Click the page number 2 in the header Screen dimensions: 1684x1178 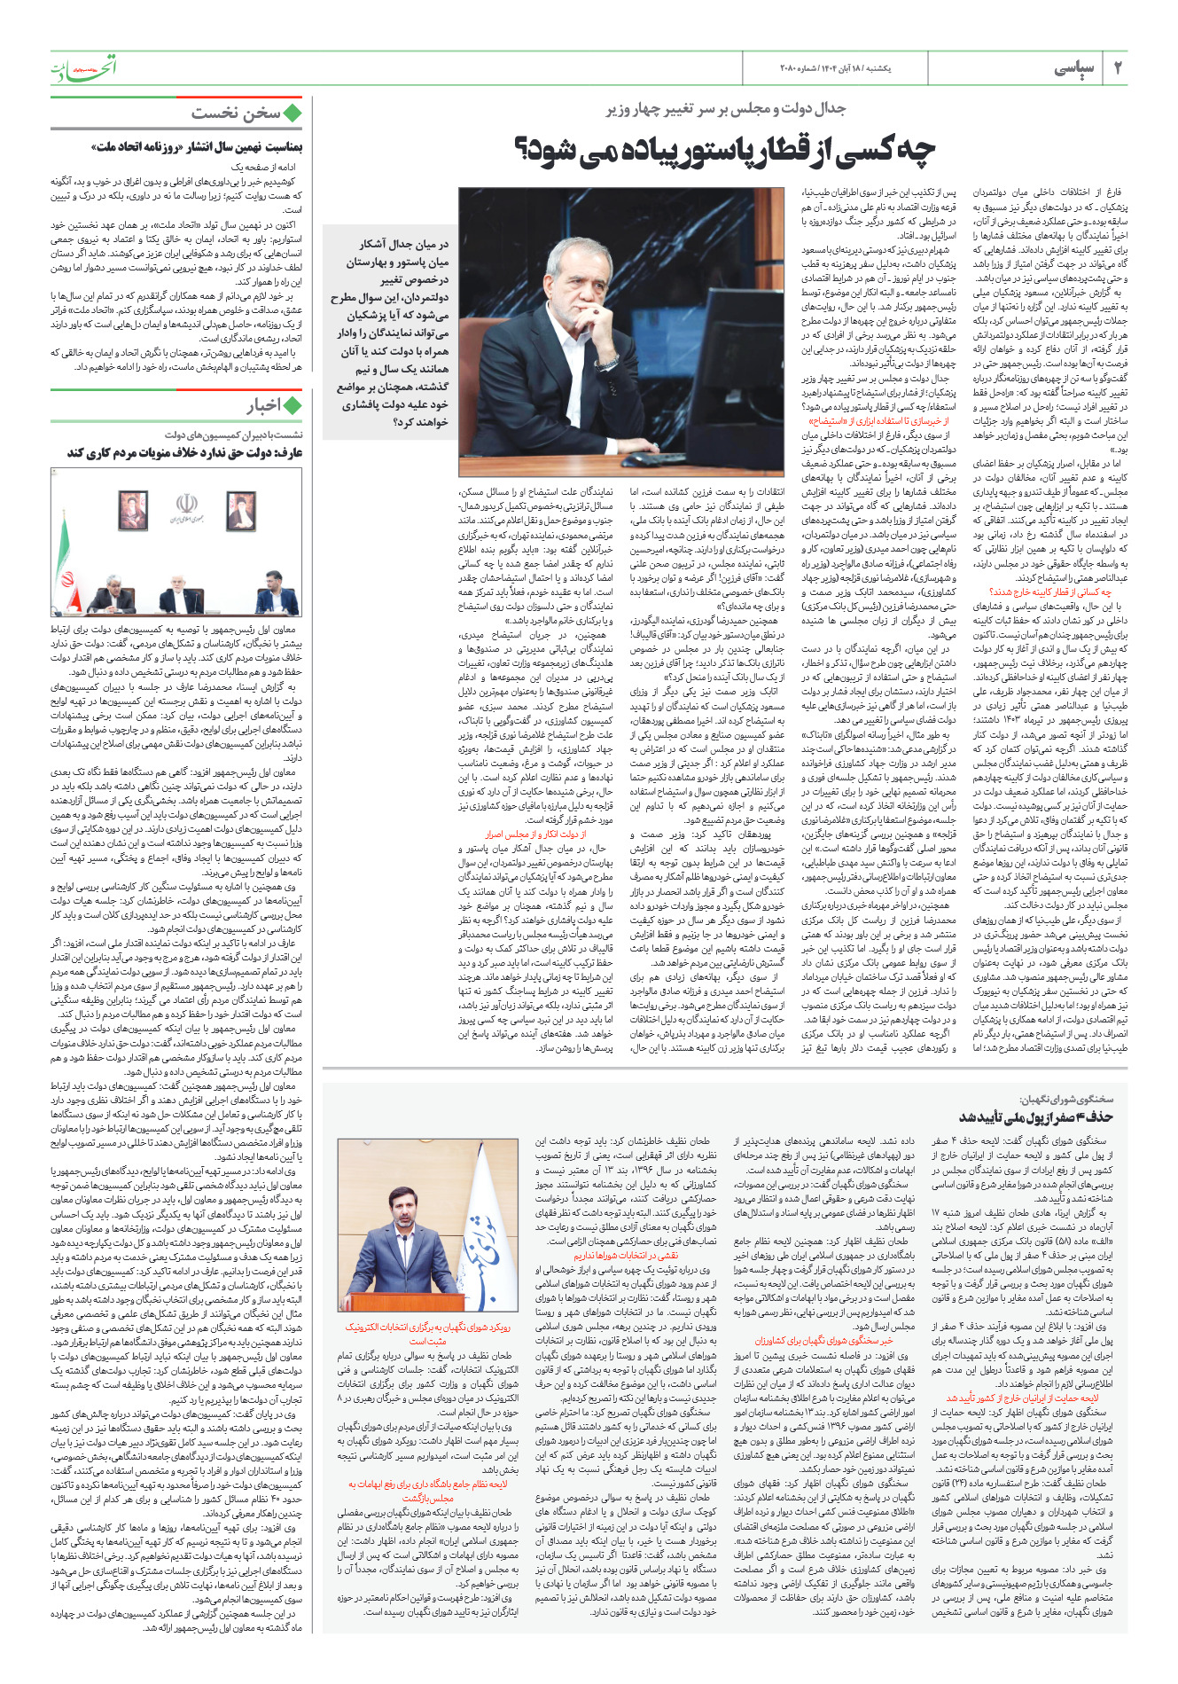1118,67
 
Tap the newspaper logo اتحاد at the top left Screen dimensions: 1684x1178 83,67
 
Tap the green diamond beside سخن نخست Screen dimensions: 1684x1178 293,114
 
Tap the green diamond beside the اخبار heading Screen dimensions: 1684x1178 293,405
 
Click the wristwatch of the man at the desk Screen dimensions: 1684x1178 606,363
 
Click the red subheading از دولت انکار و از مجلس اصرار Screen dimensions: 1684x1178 535,834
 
